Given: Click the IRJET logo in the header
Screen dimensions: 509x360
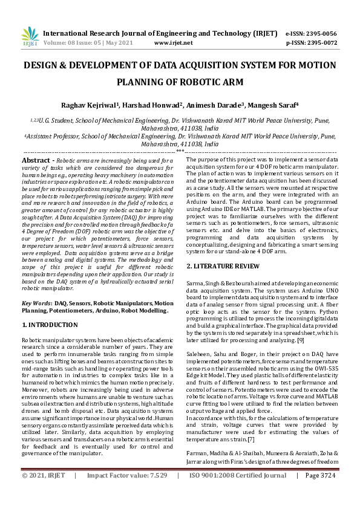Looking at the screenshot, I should [26, 37].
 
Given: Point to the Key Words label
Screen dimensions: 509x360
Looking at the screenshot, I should [36, 302].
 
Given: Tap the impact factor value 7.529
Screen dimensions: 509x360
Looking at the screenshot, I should [156, 492].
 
